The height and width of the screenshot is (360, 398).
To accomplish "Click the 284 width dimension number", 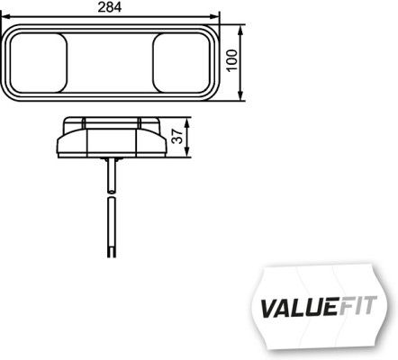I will point(111,8).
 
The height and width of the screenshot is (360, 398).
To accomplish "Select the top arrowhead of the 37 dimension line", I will point(184,121).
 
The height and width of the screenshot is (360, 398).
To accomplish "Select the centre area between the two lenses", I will point(111,61).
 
